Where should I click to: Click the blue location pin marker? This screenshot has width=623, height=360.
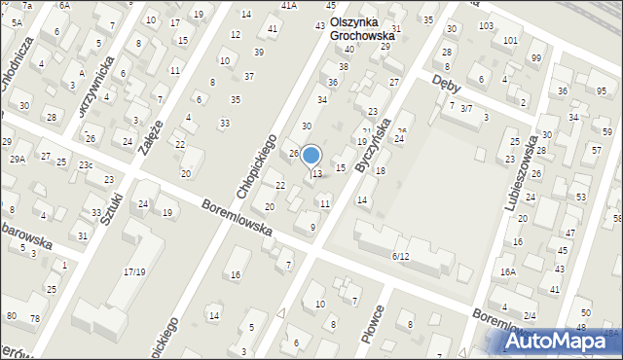(x=311, y=156)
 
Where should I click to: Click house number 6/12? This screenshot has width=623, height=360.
(x=400, y=256)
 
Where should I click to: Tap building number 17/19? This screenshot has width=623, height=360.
(x=134, y=271)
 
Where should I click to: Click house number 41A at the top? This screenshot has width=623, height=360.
(x=289, y=6)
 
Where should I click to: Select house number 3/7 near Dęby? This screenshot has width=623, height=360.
(x=466, y=108)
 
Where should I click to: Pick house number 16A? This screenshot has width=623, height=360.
(x=507, y=272)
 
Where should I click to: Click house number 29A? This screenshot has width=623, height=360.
(x=18, y=159)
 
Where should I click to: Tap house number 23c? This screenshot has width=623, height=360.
(x=87, y=165)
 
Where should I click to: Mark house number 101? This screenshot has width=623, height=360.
(x=510, y=40)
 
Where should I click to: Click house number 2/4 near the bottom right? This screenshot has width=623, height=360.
(x=530, y=315)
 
